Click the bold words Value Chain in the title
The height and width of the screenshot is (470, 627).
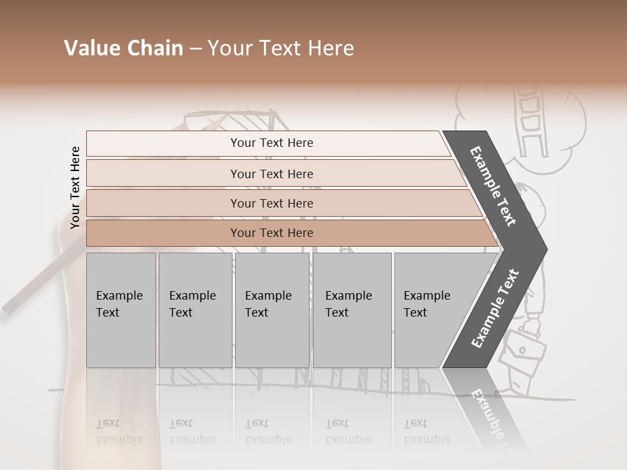pyautogui.click(x=123, y=48)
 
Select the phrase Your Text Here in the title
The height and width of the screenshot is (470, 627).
pyautogui.click(x=281, y=48)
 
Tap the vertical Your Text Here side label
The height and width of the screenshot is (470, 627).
pyautogui.click(x=75, y=187)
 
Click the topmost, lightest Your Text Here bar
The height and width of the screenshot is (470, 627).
pyautogui.click(x=272, y=143)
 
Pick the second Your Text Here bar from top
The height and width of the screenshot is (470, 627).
pyautogui.click(x=272, y=174)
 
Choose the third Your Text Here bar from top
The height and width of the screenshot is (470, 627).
pyautogui.click(x=272, y=203)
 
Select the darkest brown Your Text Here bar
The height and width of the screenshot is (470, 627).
pyautogui.click(x=272, y=233)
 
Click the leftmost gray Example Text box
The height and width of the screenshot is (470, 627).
pyautogui.click(x=121, y=310)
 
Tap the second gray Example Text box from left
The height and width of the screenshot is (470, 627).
pyautogui.click(x=195, y=310)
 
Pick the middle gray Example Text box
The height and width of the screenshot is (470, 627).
pyautogui.click(x=272, y=310)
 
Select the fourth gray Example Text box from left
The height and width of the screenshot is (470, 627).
pyautogui.click(x=351, y=310)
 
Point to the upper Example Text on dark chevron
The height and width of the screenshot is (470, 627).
pyautogui.click(x=493, y=186)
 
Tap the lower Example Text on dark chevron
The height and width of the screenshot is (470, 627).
pyautogui.click(x=495, y=309)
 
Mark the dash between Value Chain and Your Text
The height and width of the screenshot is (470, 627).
pyautogui.click(x=195, y=49)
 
